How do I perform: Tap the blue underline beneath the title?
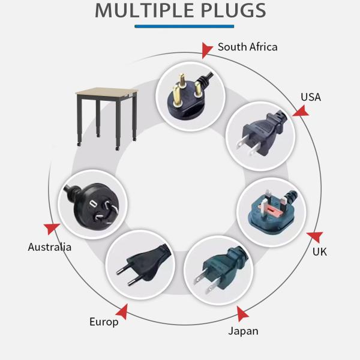(x=184, y=26)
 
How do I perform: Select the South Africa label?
(x=247, y=47)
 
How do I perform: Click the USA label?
(x=311, y=97)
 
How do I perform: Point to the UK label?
(x=320, y=251)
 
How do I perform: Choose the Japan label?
(x=243, y=331)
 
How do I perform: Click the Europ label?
(x=104, y=322)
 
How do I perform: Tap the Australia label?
(x=50, y=247)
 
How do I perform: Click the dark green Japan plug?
(x=218, y=269)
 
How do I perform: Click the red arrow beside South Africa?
(x=207, y=50)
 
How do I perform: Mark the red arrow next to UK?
(x=313, y=237)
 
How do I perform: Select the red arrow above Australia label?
(x=52, y=228)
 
